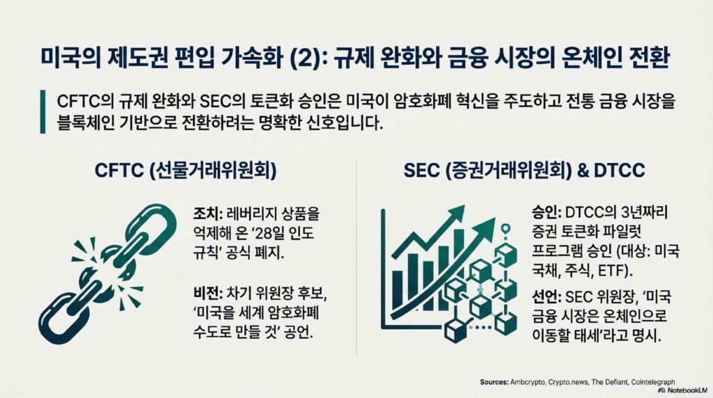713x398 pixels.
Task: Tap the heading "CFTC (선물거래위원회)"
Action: tap(185, 170)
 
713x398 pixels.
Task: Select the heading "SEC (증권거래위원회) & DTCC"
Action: tap(524, 170)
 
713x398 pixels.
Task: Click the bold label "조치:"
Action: tap(207, 214)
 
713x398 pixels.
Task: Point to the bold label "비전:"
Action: tap(207, 294)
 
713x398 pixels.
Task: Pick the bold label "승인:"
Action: tap(546, 213)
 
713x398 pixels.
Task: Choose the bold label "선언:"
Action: tap(546, 298)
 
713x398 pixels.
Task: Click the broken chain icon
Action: tap(107, 273)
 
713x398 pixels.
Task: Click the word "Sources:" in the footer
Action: tap(494, 382)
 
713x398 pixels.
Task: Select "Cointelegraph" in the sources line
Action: tap(653, 382)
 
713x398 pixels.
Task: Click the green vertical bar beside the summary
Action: tap(42, 112)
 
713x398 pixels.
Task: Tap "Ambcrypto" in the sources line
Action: tap(528, 382)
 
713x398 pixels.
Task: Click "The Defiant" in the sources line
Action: tap(609, 382)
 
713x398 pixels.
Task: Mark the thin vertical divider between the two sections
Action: tap(356, 257)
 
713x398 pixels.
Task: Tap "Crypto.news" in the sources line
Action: tap(568, 382)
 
